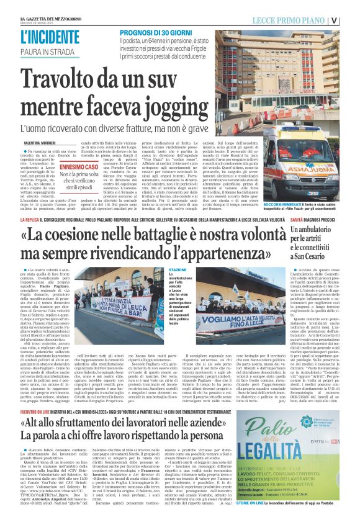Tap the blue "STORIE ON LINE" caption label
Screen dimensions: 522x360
click(x=250, y=518)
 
